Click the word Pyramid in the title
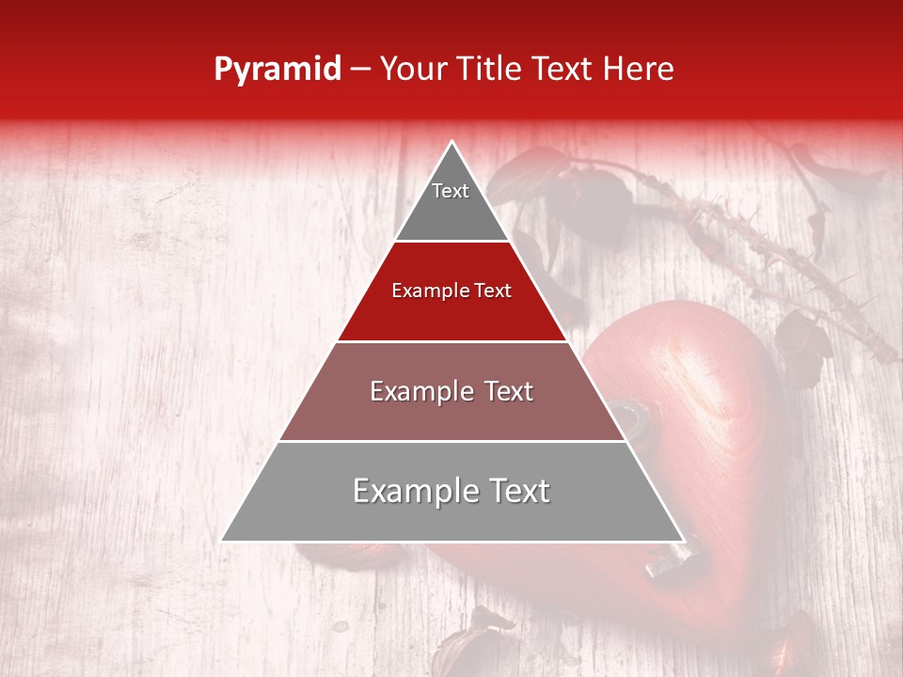(277, 70)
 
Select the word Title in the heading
(490, 70)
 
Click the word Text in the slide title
(564, 70)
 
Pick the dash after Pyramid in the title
(359, 70)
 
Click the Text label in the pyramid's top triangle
(451, 192)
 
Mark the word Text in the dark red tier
(493, 291)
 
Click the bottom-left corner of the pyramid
(223, 540)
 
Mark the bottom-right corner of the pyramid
(682, 540)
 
